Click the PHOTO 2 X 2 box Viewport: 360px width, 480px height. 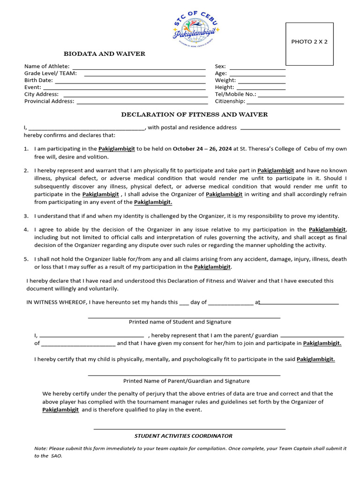[x=309, y=44]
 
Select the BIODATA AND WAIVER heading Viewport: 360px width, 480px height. [x=105, y=54]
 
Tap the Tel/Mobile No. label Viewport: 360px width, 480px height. [x=235, y=94]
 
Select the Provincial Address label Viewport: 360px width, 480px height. [x=49, y=101]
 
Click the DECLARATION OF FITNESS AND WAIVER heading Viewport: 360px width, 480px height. [x=195, y=114]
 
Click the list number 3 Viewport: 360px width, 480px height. [x=26, y=216]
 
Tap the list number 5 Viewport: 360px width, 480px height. [x=26, y=259]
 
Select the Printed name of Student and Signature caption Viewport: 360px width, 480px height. [x=180, y=322]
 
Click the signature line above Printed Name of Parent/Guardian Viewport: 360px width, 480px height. [x=184, y=375]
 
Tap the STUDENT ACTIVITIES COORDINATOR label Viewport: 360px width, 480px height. [x=183, y=436]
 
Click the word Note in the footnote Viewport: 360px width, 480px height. [x=41, y=449]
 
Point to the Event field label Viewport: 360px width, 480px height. [x=32, y=87]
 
